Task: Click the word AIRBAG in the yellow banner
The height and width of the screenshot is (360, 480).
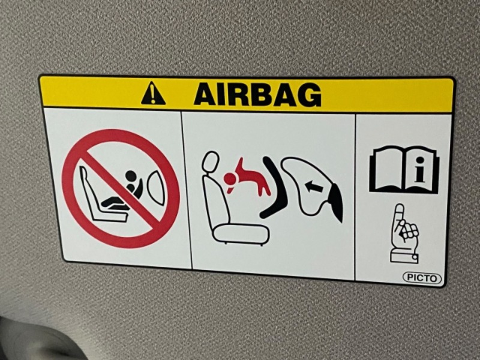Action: (x=258, y=95)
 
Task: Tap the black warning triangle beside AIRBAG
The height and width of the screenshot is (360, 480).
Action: (x=153, y=94)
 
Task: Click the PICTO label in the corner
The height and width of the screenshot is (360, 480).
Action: (x=422, y=278)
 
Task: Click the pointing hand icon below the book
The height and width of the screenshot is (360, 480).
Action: (x=404, y=233)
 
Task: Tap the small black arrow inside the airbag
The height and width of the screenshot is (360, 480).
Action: (x=314, y=187)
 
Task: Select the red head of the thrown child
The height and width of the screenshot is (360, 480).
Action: (x=231, y=179)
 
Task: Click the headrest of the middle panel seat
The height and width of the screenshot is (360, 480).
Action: (x=211, y=161)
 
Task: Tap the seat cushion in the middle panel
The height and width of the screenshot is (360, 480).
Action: (x=241, y=234)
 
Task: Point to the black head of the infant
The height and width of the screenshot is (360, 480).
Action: (x=131, y=176)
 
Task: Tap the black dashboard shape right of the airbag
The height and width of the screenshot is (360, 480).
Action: (x=335, y=203)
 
